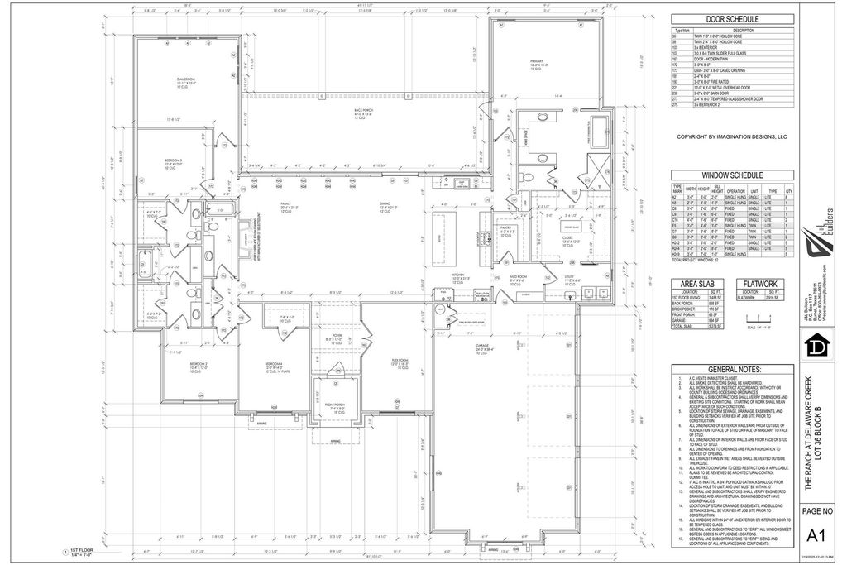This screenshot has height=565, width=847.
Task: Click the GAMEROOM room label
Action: pos(184,79)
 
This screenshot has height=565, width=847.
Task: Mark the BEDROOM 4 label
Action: pos(274,364)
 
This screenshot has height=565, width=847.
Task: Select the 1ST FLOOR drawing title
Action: pos(79,549)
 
